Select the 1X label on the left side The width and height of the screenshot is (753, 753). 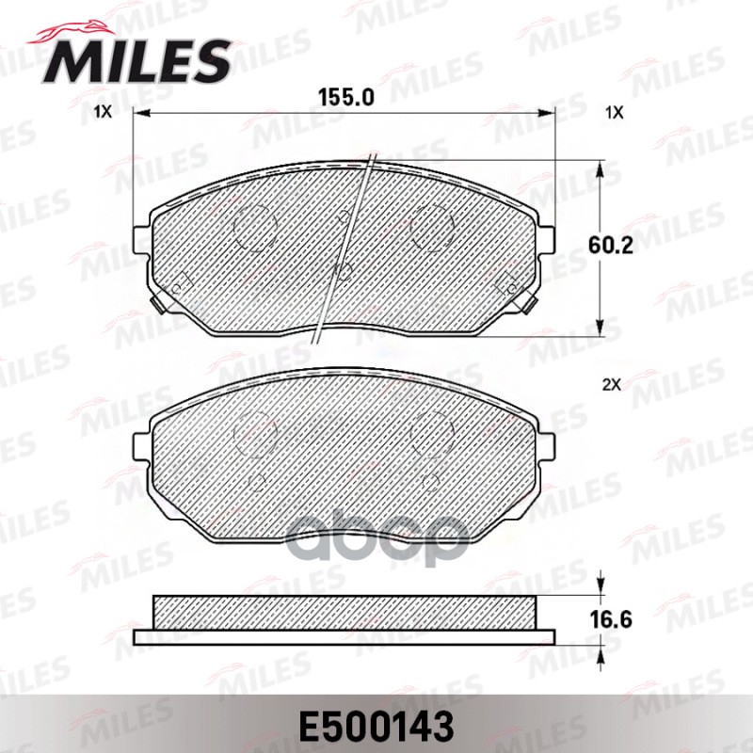coord(103,112)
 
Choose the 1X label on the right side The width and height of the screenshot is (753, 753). coord(614,112)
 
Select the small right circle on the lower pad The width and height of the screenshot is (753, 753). coord(433,480)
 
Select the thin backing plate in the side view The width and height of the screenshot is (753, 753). coord(344,637)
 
